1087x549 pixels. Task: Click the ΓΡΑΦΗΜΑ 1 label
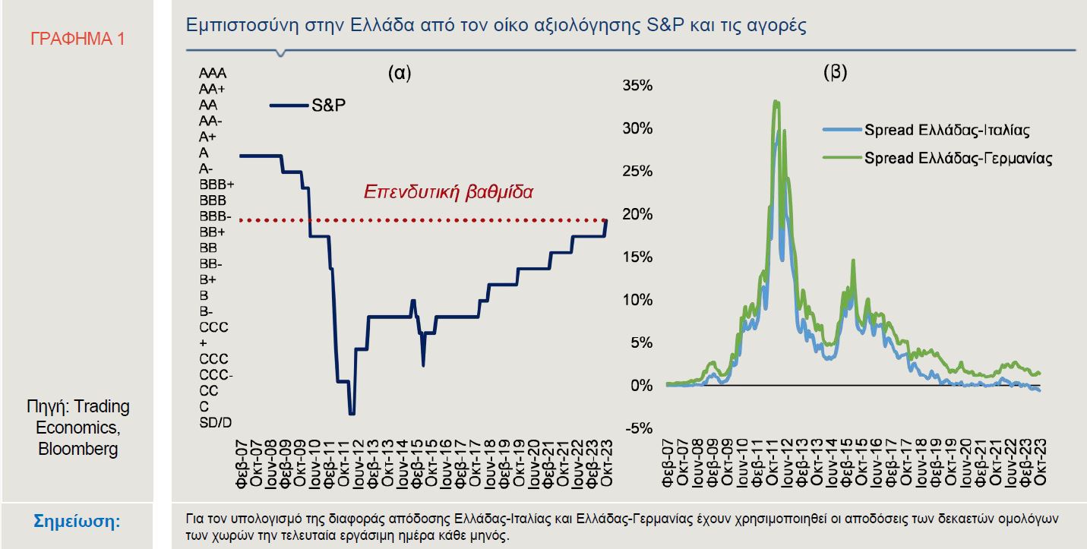pyautogui.click(x=77, y=39)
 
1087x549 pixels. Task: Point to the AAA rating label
pyautogui.click(x=213, y=74)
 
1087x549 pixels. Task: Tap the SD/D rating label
pyautogui.click(x=215, y=422)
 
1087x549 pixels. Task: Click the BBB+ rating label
pyautogui.click(x=216, y=185)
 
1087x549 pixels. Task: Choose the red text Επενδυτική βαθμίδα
pyautogui.click(x=448, y=191)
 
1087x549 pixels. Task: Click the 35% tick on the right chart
pyautogui.click(x=637, y=86)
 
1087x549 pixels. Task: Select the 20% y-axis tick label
pyautogui.click(x=637, y=214)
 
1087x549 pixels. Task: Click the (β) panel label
pyautogui.click(x=835, y=73)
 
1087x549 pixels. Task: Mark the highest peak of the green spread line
pyautogui.click(x=776, y=101)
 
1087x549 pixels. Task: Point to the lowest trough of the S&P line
pyautogui.click(x=351, y=414)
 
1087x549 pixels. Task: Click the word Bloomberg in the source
pyautogui.click(x=78, y=449)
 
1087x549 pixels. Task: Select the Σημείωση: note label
pyautogui.click(x=78, y=522)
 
